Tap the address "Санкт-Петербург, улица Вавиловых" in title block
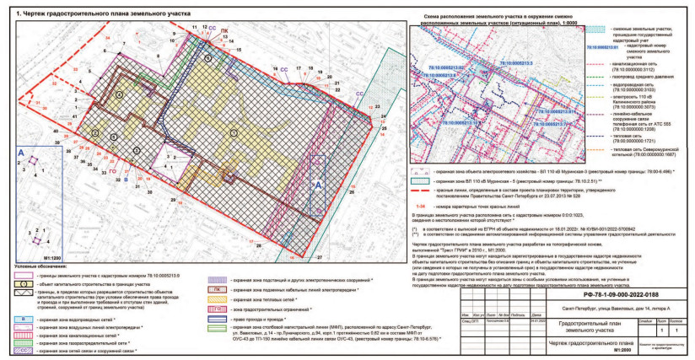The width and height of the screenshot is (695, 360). click(607, 287)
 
